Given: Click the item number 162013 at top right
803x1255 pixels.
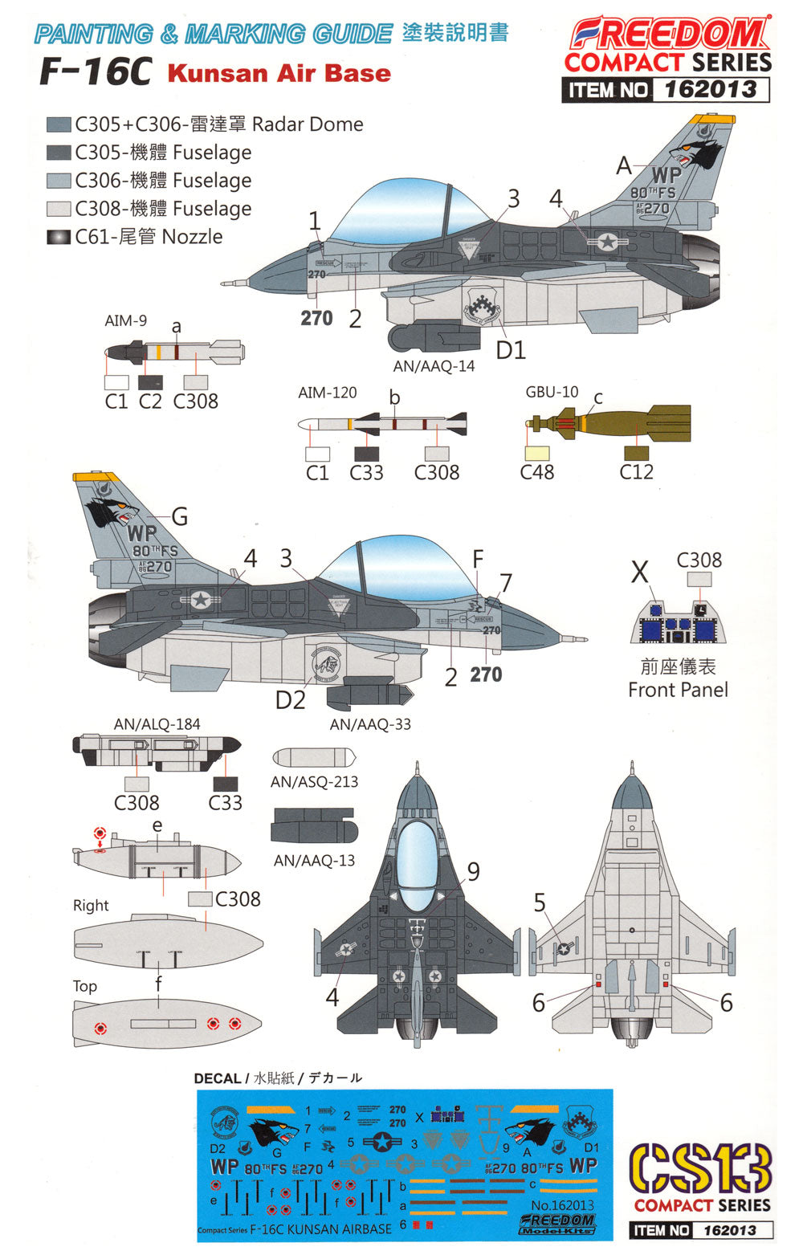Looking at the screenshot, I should (711, 89).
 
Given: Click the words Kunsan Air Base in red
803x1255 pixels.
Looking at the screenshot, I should (279, 73).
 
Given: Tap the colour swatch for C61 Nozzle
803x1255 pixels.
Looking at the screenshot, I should (59, 237).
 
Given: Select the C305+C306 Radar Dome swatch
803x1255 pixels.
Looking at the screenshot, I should (59, 124).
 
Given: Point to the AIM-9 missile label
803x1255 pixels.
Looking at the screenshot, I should (125, 320).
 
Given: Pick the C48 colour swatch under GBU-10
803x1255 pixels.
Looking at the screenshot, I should (536, 453).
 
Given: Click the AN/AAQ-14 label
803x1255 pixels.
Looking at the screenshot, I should (434, 366).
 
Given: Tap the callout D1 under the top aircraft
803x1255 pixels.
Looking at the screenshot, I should (511, 350).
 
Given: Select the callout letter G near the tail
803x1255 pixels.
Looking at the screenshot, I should (180, 516).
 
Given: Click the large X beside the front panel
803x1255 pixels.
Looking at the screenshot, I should (639, 572).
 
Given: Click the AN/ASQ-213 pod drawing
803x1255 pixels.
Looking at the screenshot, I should (314, 757).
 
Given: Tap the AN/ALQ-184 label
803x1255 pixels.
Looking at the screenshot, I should (157, 724).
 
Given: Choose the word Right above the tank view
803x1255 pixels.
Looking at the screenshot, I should (91, 906).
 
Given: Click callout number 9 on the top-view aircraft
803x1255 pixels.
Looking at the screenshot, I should (474, 870).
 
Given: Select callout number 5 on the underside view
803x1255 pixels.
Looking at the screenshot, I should (540, 903).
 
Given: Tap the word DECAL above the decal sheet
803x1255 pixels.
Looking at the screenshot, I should (218, 1078).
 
